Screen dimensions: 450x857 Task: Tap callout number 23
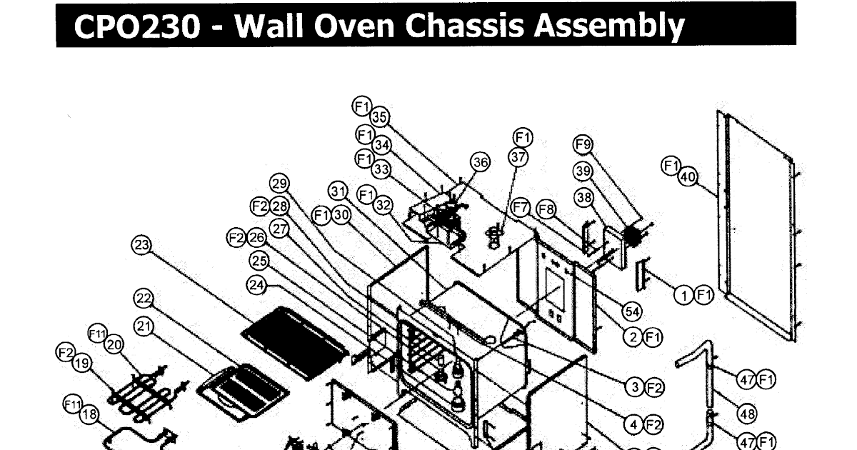pyautogui.click(x=141, y=246)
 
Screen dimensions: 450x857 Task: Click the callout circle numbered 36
pyautogui.click(x=481, y=163)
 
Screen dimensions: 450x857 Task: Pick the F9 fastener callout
pyautogui.click(x=583, y=145)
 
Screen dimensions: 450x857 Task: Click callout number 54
pyautogui.click(x=631, y=311)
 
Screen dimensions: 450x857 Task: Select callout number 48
pyautogui.click(x=747, y=414)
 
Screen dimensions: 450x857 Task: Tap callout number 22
pyautogui.click(x=144, y=298)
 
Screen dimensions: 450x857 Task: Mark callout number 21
pyautogui.click(x=145, y=326)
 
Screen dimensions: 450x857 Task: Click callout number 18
pyautogui.click(x=90, y=415)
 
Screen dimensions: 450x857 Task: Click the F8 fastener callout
pyautogui.click(x=546, y=209)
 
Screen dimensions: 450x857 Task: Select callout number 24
pyautogui.click(x=256, y=284)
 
